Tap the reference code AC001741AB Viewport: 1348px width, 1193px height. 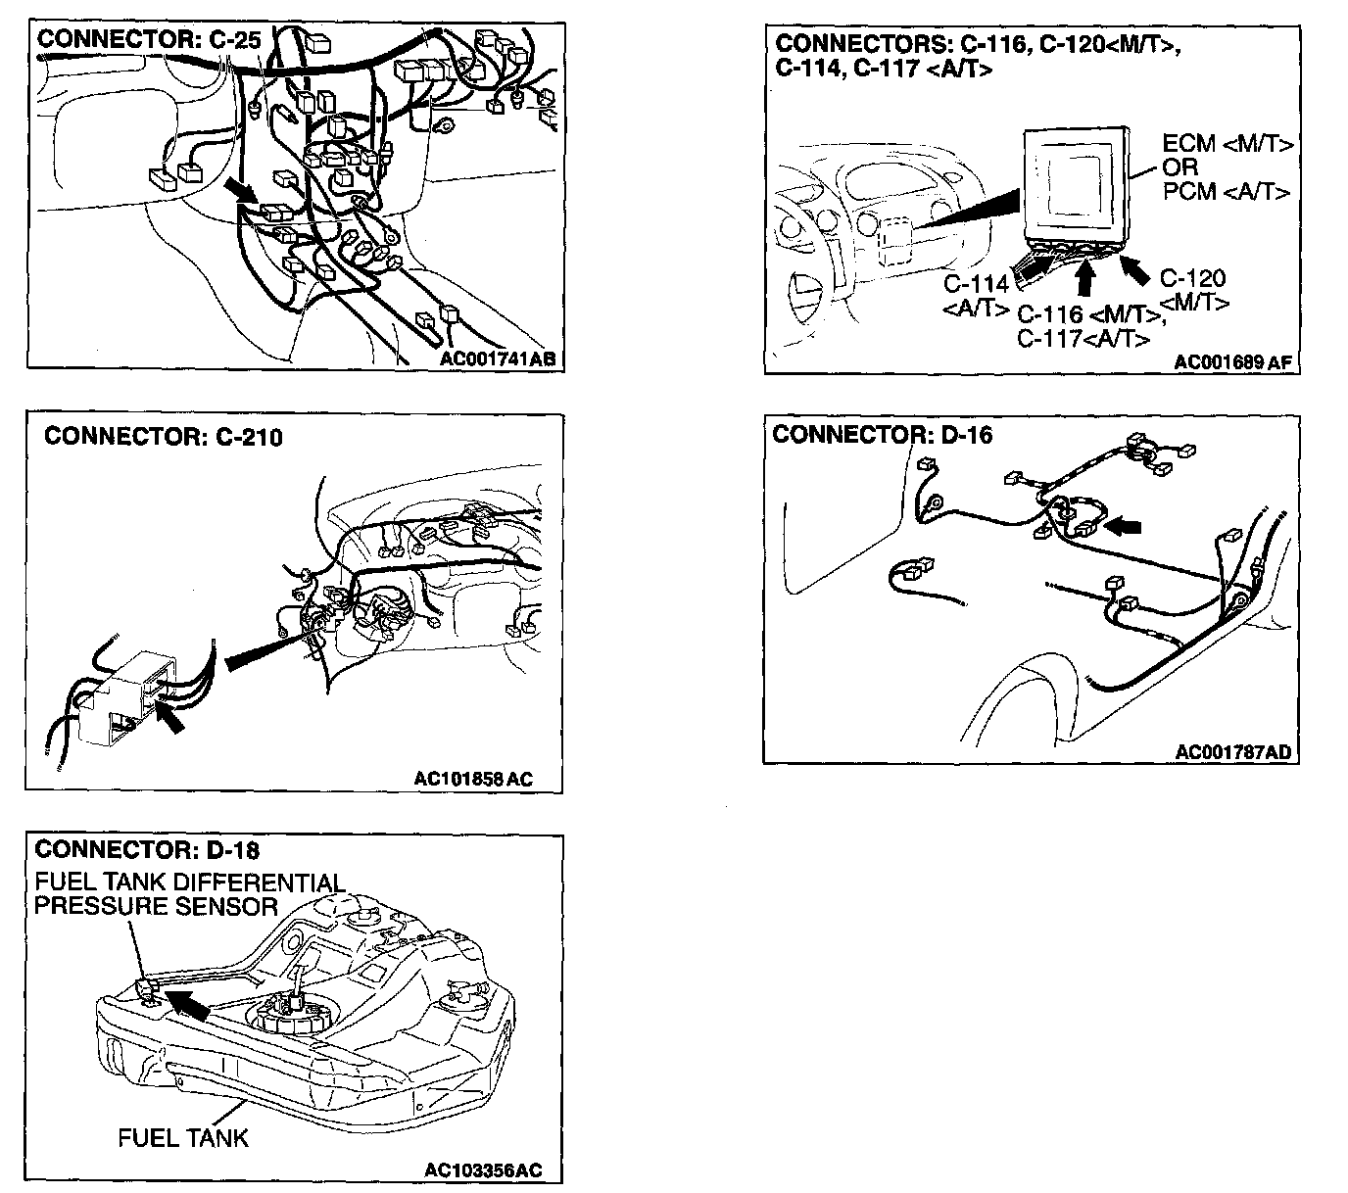[x=498, y=358]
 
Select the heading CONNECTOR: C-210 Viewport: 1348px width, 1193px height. [x=164, y=437]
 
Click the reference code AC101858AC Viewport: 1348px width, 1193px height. [x=474, y=780]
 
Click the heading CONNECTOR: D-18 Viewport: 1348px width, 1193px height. [x=147, y=848]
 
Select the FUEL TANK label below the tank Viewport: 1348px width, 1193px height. [x=183, y=1138]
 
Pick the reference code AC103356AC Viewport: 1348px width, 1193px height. [x=483, y=1170]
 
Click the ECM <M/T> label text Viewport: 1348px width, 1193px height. [x=1228, y=145]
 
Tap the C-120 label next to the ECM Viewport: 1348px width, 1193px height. [x=1192, y=278]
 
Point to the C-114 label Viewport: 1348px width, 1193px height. [x=976, y=284]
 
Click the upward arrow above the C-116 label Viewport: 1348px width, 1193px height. [x=1083, y=278]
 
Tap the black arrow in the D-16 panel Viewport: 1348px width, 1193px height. [x=1123, y=527]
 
